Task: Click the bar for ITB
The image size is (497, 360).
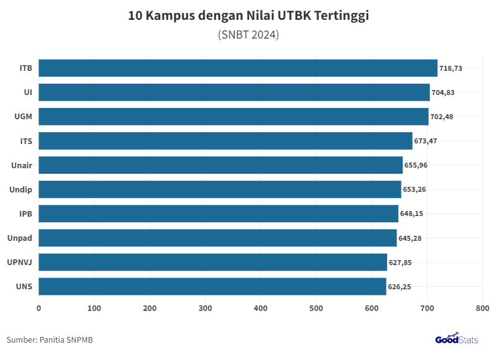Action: tap(238, 68)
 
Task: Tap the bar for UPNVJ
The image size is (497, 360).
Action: tap(213, 262)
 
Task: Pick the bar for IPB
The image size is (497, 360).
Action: tap(218, 214)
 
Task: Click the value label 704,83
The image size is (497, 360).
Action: tap(443, 92)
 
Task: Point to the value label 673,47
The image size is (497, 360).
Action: tap(426, 141)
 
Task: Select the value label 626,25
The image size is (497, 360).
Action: tap(400, 287)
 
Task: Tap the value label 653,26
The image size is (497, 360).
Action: tap(414, 189)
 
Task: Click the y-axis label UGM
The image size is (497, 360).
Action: tap(23, 117)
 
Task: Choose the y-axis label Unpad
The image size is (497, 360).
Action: tap(20, 238)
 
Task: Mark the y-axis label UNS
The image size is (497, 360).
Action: tap(24, 286)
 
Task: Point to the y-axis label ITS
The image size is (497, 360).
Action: tap(26, 141)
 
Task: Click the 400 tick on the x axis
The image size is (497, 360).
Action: tap(261, 308)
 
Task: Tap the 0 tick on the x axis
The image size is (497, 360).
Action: tap(39, 308)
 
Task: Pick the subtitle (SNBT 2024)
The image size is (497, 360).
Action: tap(248, 35)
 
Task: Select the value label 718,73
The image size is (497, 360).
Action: tap(451, 68)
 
